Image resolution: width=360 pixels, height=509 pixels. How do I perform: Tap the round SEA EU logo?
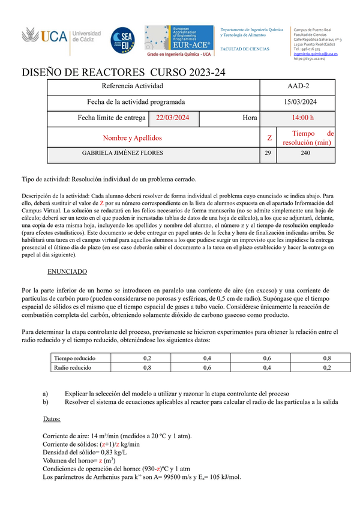click(x=122, y=40)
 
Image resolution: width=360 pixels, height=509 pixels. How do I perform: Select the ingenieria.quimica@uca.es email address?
click(x=315, y=53)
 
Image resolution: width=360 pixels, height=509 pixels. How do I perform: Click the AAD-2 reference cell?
click(x=298, y=86)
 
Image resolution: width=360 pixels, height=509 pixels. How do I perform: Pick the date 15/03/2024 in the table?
click(x=298, y=102)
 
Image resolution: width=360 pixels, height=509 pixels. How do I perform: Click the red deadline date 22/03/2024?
click(x=173, y=118)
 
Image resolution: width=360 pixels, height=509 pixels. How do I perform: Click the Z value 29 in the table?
click(x=268, y=154)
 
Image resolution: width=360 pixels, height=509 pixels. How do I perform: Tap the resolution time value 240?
click(x=306, y=154)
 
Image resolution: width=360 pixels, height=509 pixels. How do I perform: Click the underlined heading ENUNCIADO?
click(x=67, y=271)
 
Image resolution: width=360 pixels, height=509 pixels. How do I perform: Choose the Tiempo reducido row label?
click(x=74, y=358)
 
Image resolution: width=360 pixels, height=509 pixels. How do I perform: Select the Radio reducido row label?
click(x=73, y=367)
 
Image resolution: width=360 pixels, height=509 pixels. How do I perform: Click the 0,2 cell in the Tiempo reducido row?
click(x=147, y=358)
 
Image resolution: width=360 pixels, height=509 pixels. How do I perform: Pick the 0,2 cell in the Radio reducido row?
click(x=326, y=367)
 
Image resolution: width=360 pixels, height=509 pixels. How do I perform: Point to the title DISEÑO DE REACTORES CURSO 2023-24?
click(x=124, y=73)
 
